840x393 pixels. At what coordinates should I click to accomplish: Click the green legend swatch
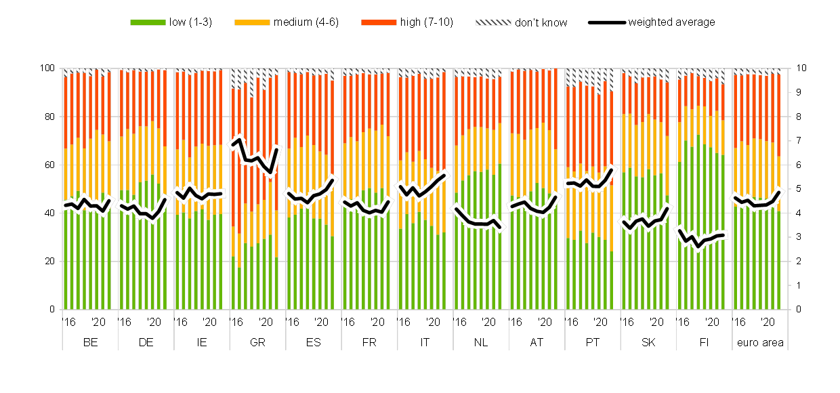click(x=148, y=22)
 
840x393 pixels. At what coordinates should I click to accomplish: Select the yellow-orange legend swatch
click(x=252, y=22)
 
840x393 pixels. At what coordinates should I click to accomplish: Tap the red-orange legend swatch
click(x=379, y=22)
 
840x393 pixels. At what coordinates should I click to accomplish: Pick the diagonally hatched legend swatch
click(x=493, y=22)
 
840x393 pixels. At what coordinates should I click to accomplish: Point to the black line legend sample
click(x=606, y=22)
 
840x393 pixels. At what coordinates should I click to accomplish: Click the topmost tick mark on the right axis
click(x=787, y=68)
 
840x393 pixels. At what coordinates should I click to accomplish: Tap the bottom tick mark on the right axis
click(x=787, y=310)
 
